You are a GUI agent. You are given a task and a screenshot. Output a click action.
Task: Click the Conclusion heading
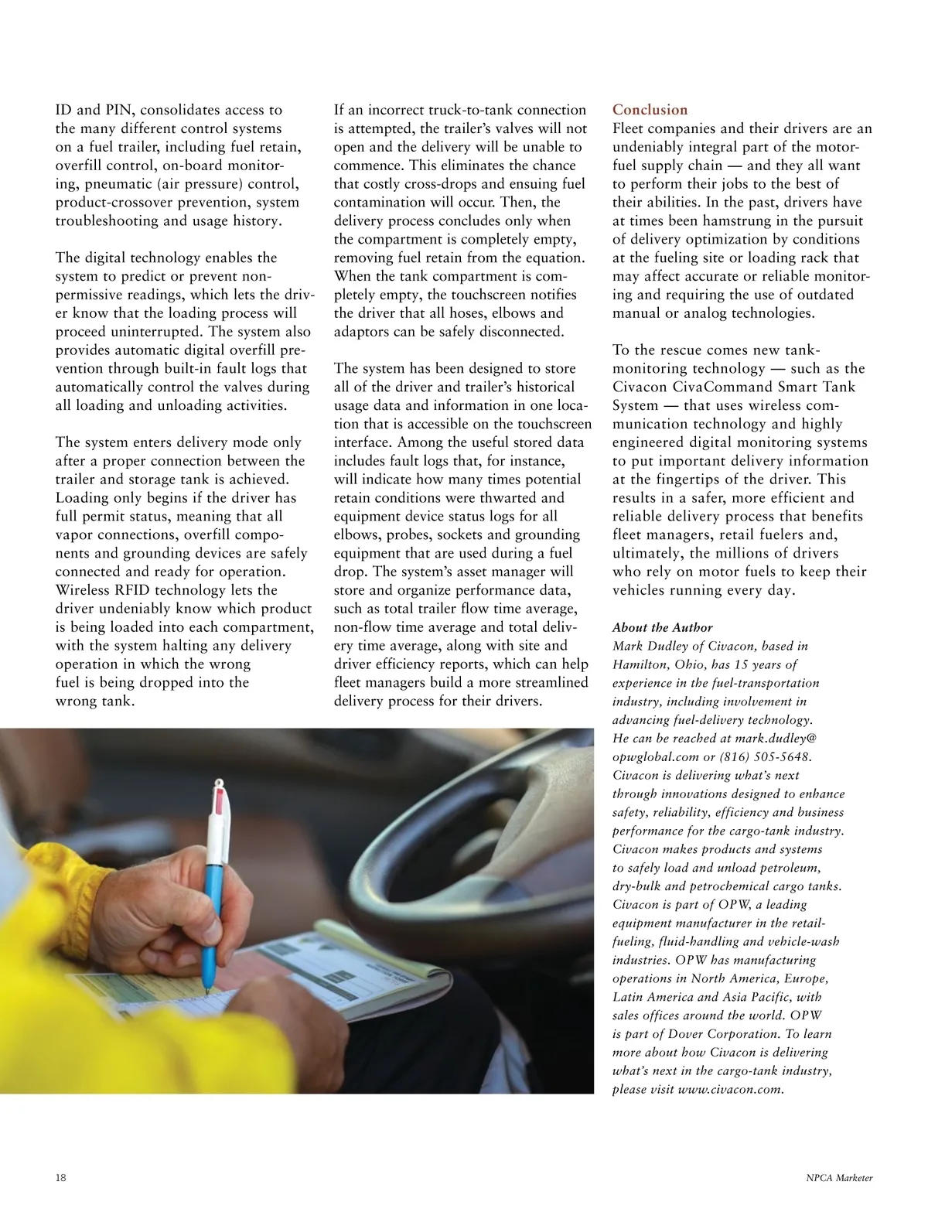pos(650,110)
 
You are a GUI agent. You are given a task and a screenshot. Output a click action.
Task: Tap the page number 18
pos(61,1178)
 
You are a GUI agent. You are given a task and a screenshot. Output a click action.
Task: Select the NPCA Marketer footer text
pos(839,1178)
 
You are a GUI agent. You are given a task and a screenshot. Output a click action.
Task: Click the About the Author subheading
pos(662,627)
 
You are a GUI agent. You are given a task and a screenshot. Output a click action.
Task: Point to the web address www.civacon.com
pos(730,1090)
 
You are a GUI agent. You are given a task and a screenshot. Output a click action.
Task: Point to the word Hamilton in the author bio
pos(639,664)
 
